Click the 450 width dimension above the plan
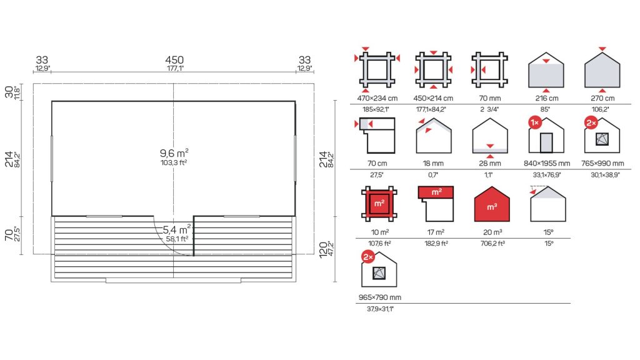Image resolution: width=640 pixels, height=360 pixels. (x=174, y=60)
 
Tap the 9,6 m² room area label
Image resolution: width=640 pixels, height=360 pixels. (x=174, y=153)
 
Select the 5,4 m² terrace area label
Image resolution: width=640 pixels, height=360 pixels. (x=177, y=229)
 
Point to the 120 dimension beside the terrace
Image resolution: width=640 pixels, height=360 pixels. (x=323, y=249)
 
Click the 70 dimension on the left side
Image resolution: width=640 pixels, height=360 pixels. (x=9, y=235)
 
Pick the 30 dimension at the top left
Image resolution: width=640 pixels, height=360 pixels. (x=9, y=92)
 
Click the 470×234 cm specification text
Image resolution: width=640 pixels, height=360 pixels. (x=377, y=98)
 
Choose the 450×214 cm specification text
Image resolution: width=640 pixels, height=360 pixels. (x=433, y=98)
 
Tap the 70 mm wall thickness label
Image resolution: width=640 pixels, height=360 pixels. (x=490, y=98)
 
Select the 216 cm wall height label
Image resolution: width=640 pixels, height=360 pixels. (x=546, y=98)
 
